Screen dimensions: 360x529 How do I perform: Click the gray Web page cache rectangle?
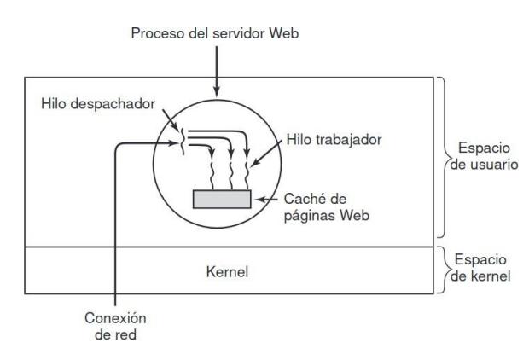[x=222, y=199]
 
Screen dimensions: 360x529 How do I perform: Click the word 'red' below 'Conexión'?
[x=122, y=334]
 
